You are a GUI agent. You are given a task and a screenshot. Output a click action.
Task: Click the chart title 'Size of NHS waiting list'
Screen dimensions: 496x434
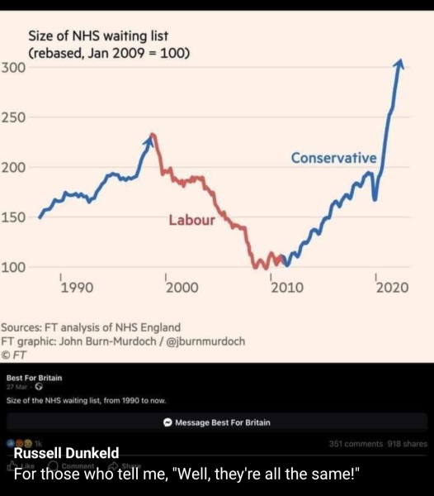tap(103, 36)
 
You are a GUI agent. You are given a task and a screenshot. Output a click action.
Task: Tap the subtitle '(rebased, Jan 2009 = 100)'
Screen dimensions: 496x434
tap(110, 53)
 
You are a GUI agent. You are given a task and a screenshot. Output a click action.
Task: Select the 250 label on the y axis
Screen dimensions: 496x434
tap(14, 117)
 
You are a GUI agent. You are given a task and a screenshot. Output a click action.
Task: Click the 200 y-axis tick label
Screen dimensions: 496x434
tap(14, 168)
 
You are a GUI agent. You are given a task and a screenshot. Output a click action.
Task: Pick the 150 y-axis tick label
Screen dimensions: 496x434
tap(14, 217)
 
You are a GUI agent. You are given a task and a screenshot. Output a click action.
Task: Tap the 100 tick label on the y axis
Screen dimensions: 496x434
tap(14, 267)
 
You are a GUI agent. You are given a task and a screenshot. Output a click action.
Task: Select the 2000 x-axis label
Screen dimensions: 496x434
tap(182, 288)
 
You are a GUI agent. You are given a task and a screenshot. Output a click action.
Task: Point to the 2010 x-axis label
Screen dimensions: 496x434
tap(286, 288)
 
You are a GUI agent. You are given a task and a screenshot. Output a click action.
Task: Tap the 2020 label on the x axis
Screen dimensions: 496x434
tap(392, 288)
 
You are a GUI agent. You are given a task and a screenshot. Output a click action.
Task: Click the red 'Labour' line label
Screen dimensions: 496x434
tap(191, 220)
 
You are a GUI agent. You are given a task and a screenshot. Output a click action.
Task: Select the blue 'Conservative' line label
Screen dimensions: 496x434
tap(333, 158)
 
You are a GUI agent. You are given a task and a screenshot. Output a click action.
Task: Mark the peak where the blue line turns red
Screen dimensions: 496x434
tap(152, 134)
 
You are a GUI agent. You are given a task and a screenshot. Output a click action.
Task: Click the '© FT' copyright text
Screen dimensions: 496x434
tap(15, 354)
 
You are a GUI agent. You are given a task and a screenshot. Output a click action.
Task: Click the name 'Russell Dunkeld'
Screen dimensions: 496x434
tap(67, 452)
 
